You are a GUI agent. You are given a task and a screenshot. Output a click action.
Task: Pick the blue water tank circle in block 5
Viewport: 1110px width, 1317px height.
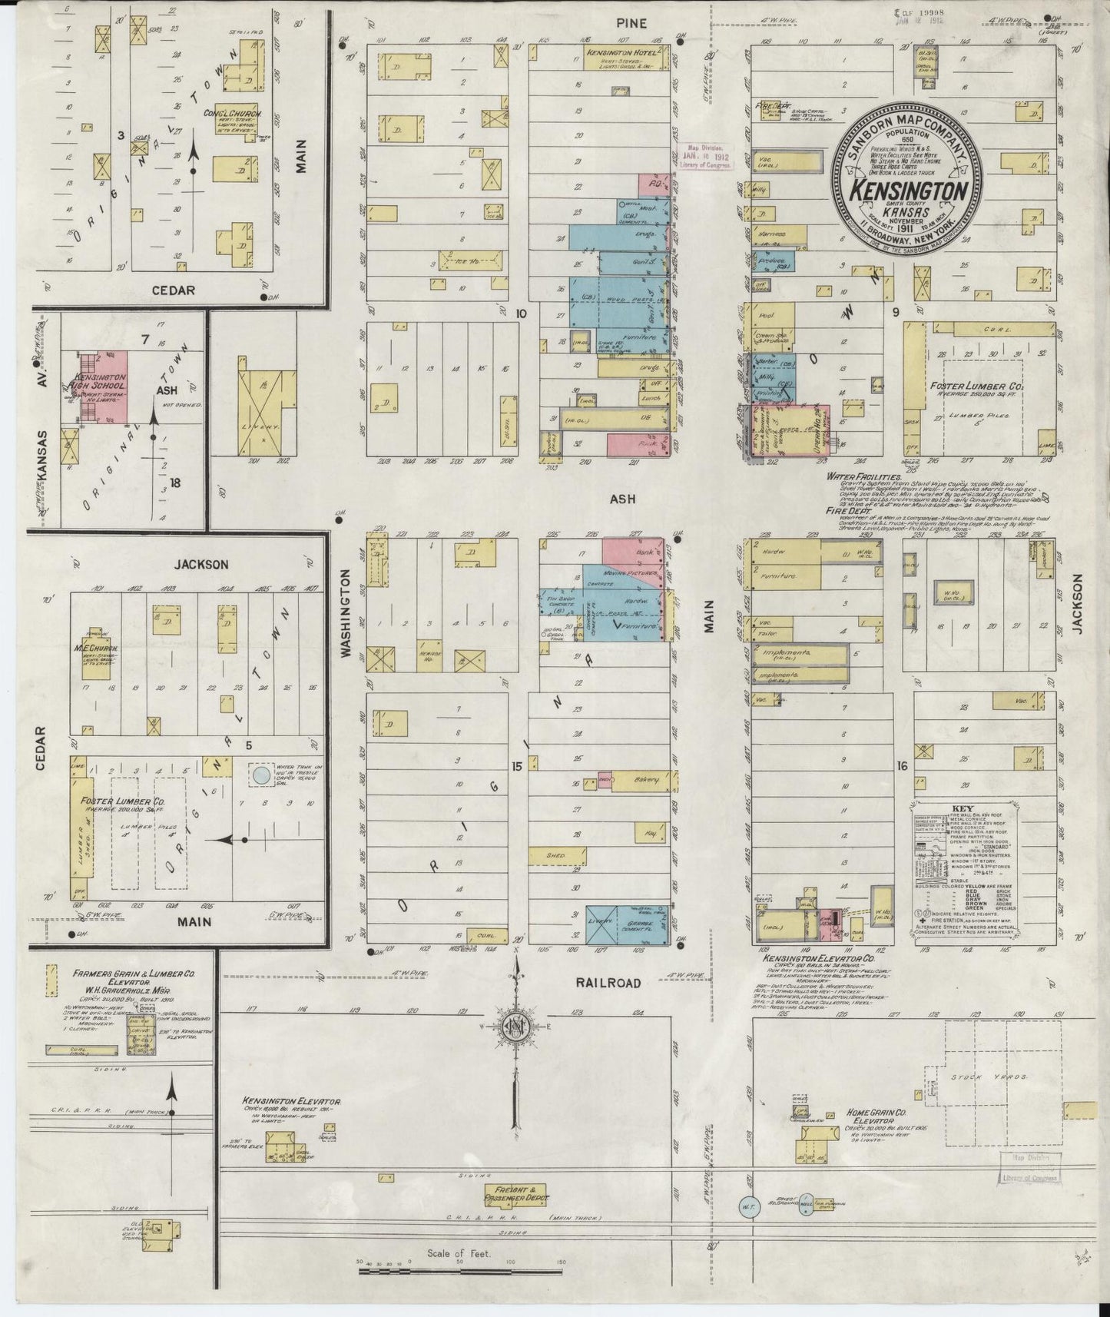coord(261,775)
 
